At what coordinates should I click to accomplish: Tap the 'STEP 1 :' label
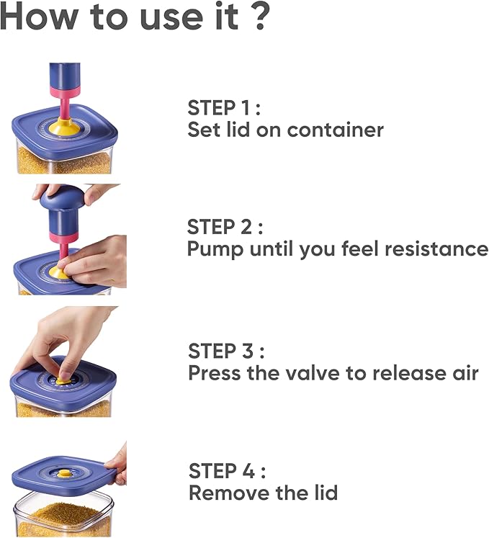coord(224,108)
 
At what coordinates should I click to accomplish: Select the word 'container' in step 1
coord(335,130)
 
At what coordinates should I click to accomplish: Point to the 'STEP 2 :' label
coord(225,226)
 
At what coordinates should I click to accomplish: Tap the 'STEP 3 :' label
coord(226,351)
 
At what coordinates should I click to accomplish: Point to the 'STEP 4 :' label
coord(227,470)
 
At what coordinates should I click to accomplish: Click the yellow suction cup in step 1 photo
coord(64,125)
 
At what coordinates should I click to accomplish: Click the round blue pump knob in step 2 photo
coord(63,197)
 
